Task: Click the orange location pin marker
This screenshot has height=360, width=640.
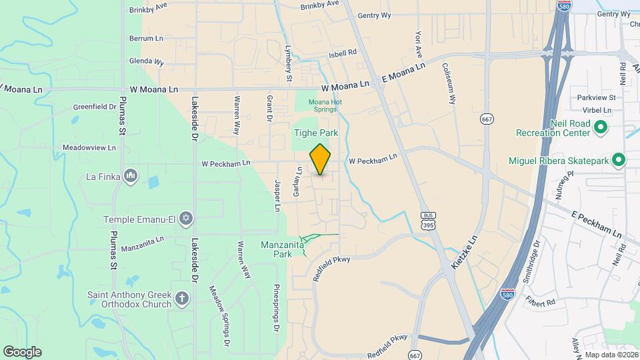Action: pyautogui.click(x=321, y=160)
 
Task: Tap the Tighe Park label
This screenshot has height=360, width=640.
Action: pyautogui.click(x=316, y=133)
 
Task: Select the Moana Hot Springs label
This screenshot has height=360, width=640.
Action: pyautogui.click(x=325, y=106)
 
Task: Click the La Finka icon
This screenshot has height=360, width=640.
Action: pyautogui.click(x=131, y=176)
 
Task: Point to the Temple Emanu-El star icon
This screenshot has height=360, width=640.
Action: pyautogui.click(x=185, y=219)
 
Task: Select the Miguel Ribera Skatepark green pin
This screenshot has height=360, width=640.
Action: pyautogui.click(x=618, y=160)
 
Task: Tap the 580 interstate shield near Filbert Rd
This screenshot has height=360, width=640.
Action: pyautogui.click(x=507, y=292)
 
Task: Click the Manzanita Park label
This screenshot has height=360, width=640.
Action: pyautogui.click(x=283, y=249)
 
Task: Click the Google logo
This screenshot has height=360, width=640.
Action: pyautogui.click(x=22, y=351)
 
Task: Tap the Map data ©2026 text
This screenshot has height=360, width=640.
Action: pyautogui.click(x=611, y=355)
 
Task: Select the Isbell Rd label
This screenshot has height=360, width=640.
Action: pyautogui.click(x=343, y=54)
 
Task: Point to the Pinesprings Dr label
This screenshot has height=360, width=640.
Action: pyautogui.click(x=275, y=308)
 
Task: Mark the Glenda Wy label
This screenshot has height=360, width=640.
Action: pyautogui.click(x=147, y=61)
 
